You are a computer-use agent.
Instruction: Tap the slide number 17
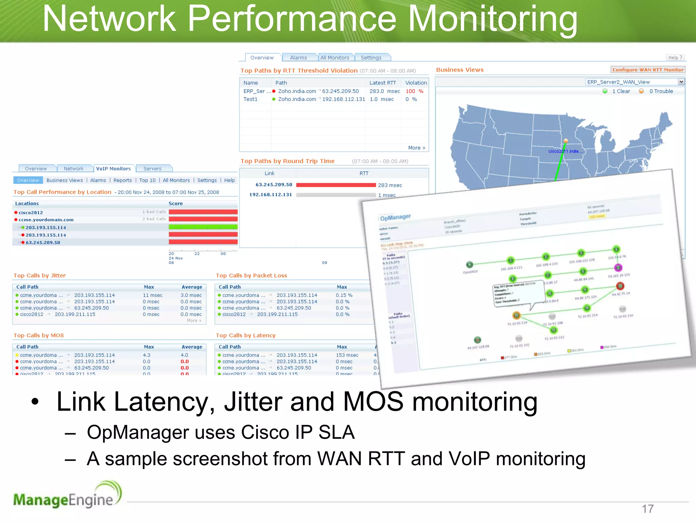coord(647,509)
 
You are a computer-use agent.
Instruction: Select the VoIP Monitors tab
coord(113,169)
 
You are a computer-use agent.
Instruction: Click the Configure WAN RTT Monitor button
coord(647,70)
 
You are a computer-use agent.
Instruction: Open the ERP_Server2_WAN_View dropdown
coord(681,82)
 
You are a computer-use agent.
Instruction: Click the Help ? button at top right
coord(675,57)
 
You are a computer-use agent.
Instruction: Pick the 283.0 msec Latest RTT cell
coord(384,91)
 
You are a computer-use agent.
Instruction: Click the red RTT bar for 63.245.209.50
coord(336,185)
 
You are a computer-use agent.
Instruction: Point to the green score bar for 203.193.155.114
coord(203,227)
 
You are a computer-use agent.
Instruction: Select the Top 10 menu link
coord(147,180)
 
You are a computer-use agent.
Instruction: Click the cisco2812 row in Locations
coord(31,212)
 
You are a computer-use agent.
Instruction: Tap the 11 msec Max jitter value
coord(152,295)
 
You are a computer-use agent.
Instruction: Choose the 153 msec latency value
coord(347,355)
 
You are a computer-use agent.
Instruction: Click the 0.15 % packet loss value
coord(344,295)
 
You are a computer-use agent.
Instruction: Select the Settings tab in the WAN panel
coord(371,58)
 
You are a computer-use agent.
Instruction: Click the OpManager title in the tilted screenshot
coord(395,217)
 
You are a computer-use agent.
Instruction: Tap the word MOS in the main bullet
coord(373,402)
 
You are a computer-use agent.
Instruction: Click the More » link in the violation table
coord(416,147)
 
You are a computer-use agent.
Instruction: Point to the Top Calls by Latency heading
coord(245,335)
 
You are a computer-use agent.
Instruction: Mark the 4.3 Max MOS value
coord(146,355)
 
